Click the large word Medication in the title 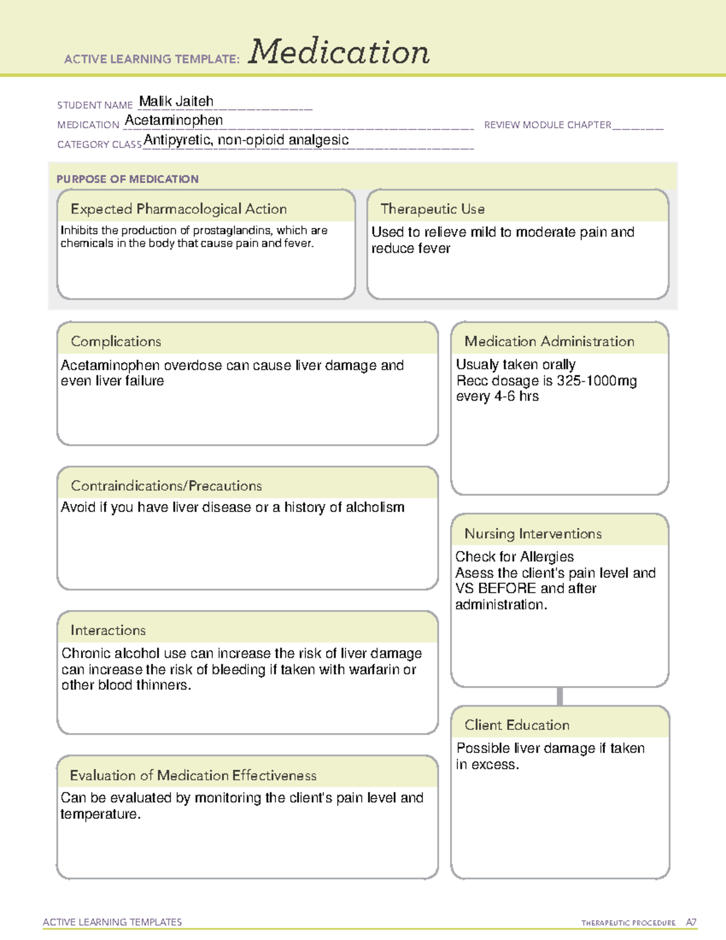[339, 52]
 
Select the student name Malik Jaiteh [176, 101]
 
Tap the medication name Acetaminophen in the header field [174, 120]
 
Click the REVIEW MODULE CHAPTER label [548, 125]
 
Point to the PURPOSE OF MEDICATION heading [127, 179]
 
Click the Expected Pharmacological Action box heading [178, 209]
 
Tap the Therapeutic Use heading [432, 209]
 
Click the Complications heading [116, 341]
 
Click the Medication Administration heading [549, 341]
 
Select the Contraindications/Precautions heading [166, 486]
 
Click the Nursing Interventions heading [532, 534]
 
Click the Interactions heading [108, 631]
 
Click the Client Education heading [517, 725]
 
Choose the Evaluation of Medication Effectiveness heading [193, 775]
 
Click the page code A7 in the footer [690, 922]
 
